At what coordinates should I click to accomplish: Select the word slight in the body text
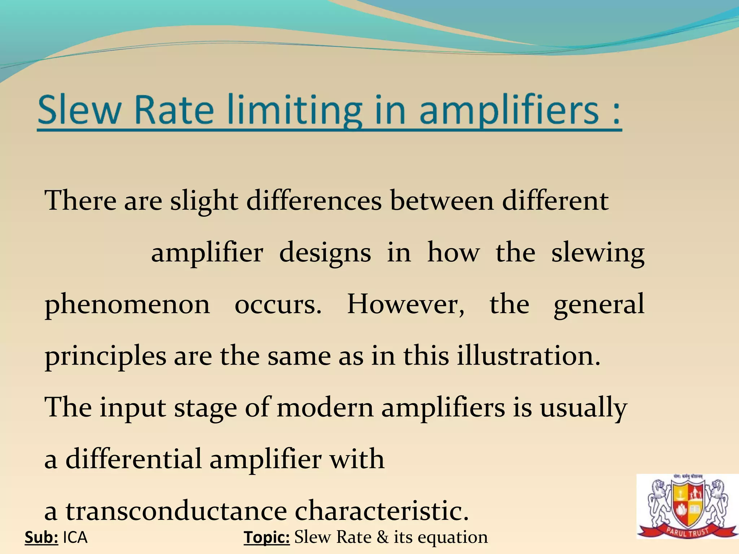[x=204, y=201]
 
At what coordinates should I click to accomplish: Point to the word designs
[x=325, y=253]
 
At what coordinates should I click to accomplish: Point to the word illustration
[x=528, y=356]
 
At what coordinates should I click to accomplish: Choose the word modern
[x=325, y=408]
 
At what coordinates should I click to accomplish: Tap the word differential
[x=134, y=459]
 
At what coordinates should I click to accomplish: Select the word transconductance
[x=176, y=511]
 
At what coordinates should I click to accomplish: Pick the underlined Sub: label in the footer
[x=41, y=537]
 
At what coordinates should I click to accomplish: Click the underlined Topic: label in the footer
[x=267, y=537]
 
